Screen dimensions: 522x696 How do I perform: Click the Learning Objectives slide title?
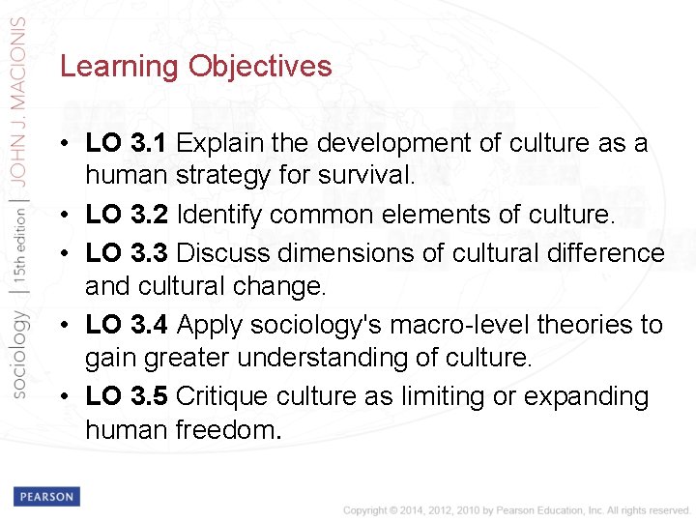(195, 67)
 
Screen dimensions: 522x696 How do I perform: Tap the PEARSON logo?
(45, 497)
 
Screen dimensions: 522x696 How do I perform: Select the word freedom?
(227, 430)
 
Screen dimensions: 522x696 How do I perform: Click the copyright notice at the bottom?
(517, 509)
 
